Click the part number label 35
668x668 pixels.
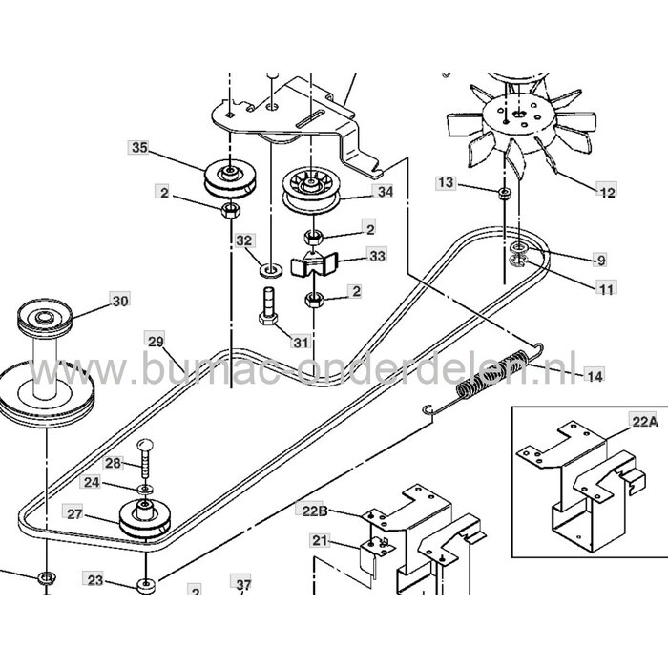coord(139,148)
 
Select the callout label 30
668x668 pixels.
coord(119,302)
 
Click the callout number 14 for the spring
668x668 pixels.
coord(595,376)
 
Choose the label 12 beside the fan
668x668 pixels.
coord(607,192)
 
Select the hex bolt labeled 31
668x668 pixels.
coord(267,307)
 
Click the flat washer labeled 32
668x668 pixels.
coord(266,261)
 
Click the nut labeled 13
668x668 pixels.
coord(503,193)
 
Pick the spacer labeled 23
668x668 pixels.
coord(144,585)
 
